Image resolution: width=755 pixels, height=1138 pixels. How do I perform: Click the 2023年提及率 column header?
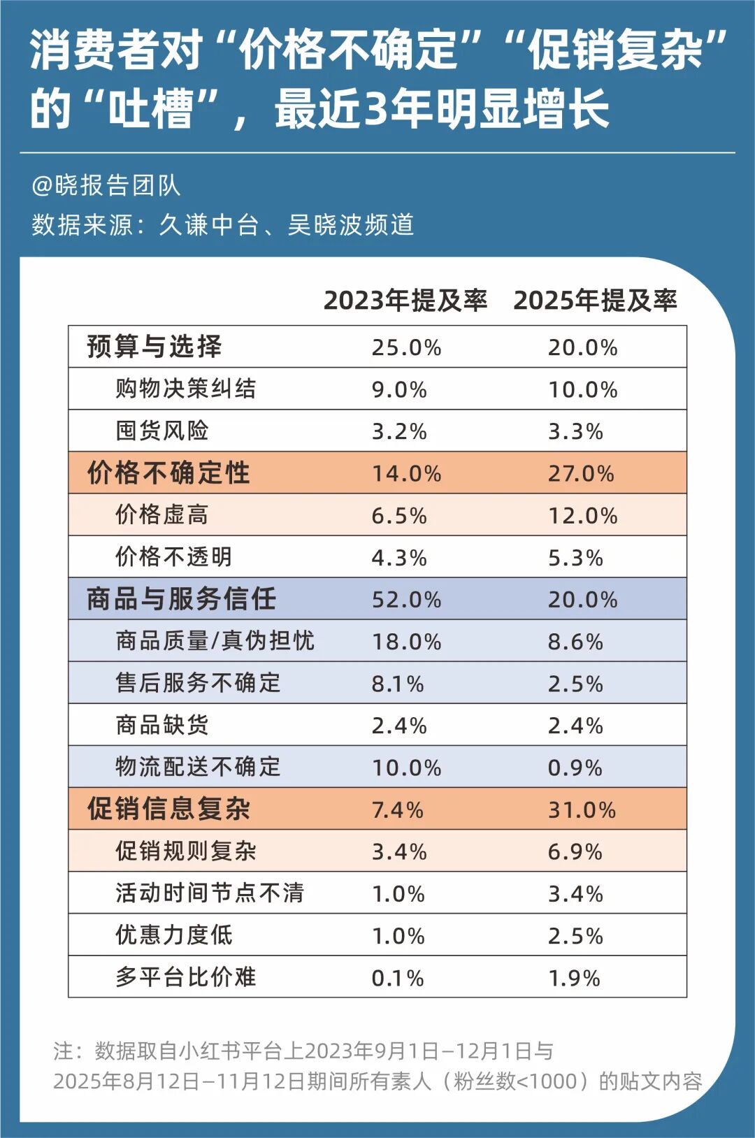(x=405, y=301)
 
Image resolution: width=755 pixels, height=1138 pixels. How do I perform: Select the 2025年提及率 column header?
(x=595, y=301)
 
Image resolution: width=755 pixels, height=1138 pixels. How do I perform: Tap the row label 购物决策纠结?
(x=186, y=389)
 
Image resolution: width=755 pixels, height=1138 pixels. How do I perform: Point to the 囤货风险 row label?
(x=162, y=431)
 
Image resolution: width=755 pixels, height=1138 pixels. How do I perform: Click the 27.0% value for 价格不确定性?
(x=581, y=473)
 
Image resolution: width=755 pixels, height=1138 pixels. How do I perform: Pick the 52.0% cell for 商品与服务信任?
(x=406, y=600)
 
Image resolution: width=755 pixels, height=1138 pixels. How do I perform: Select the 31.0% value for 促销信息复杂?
(x=582, y=809)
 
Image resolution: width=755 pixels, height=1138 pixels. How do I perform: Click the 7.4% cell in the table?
(x=397, y=809)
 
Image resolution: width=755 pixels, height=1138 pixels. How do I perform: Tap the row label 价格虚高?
(x=162, y=515)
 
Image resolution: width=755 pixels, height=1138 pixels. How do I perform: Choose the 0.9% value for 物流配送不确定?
(x=575, y=768)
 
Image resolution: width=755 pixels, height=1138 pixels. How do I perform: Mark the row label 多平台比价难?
(x=186, y=977)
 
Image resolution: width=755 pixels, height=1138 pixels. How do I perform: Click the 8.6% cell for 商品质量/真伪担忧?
(x=575, y=642)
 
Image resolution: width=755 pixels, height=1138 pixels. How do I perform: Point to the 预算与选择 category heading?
(x=154, y=347)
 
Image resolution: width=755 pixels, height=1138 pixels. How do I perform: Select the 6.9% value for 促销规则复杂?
(x=575, y=851)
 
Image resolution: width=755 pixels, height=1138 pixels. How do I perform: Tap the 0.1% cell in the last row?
(x=397, y=977)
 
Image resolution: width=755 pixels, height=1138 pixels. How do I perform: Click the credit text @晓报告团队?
(x=106, y=185)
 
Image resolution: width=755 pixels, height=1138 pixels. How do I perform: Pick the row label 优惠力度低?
(x=174, y=935)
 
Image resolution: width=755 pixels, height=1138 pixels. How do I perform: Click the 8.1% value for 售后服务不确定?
(x=397, y=684)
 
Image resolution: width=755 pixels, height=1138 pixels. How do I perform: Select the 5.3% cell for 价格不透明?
(x=575, y=558)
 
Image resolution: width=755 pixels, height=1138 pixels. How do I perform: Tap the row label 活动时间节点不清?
(x=210, y=893)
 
